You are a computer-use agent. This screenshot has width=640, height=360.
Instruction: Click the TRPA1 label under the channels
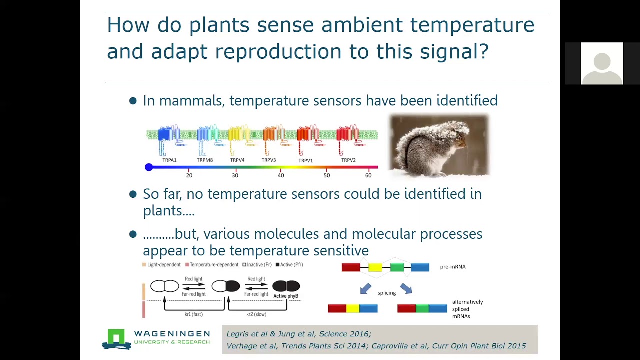point(169,160)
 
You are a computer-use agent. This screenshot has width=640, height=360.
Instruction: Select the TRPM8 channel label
point(205,160)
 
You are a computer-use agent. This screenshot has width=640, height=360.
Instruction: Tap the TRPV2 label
point(348,160)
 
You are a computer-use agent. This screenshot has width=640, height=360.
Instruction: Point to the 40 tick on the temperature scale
point(281,175)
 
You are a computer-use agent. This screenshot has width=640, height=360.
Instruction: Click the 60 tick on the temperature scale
point(368,175)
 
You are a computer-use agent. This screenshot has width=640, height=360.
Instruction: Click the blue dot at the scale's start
point(149,167)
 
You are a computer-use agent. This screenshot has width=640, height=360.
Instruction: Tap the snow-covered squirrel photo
point(439,145)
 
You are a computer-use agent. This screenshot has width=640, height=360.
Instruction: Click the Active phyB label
point(286,296)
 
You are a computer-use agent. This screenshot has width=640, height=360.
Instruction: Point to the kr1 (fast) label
point(194,314)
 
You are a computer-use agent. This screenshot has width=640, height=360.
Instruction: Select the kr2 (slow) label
point(256,314)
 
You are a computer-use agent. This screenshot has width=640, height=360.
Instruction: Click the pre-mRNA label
point(453,267)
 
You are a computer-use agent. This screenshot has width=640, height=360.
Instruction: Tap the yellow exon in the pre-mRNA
point(375,268)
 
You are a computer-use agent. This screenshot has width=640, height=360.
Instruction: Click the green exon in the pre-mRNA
point(397,268)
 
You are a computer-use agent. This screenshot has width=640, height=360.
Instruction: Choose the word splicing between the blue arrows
point(387,293)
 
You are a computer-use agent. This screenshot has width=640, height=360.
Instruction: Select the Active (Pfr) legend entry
point(289,265)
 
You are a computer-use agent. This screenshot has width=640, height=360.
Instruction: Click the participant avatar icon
point(602,64)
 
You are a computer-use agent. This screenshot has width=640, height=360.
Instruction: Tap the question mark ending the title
point(483,51)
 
